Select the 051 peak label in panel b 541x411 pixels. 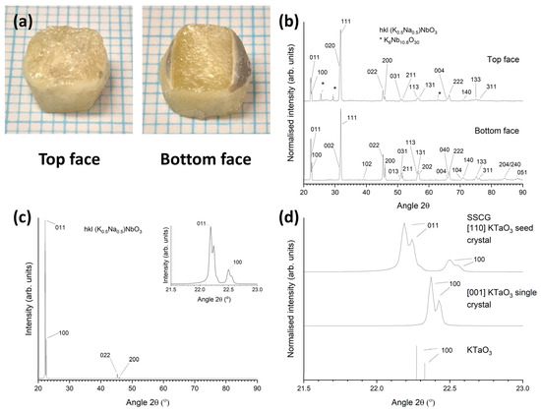pyautogui.click(x=522, y=172)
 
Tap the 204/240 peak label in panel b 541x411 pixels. pyautogui.click(x=510, y=164)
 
